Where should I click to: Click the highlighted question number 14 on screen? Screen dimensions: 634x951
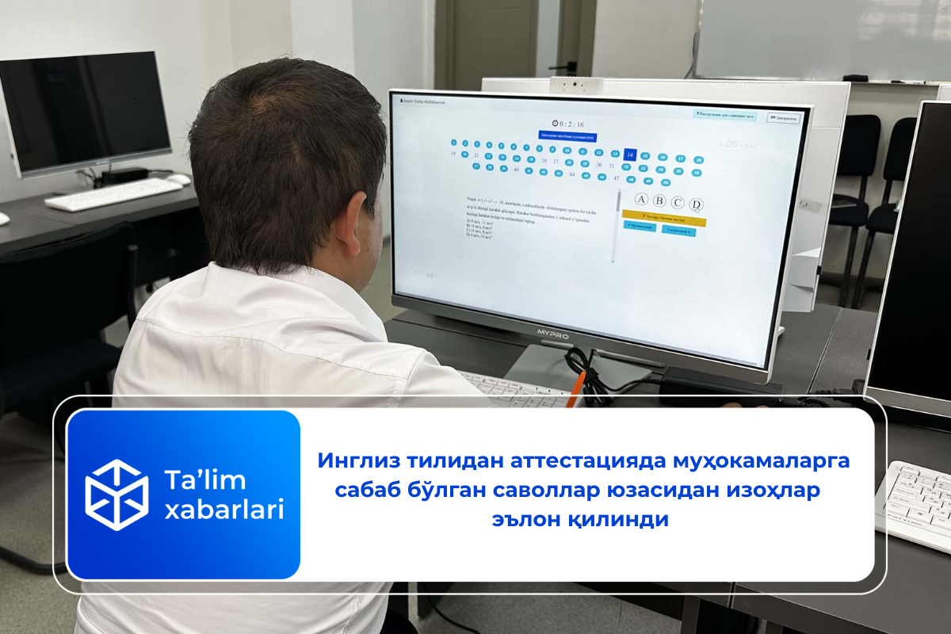pos(630,155)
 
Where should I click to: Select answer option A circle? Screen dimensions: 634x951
pos(641,199)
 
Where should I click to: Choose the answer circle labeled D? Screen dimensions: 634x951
pos(696,204)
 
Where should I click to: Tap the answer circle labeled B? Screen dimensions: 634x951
pos(659,201)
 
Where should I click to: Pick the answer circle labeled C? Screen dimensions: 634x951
pos(678,202)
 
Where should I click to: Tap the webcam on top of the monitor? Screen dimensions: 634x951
pos(576,85)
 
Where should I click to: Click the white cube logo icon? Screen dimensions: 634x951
pos(116,495)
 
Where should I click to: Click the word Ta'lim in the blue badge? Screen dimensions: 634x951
pos(193,480)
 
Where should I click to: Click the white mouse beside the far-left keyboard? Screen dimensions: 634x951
pos(178,180)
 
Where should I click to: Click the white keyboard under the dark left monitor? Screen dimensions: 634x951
pos(113,193)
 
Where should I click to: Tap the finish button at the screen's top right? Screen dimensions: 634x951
pos(783,119)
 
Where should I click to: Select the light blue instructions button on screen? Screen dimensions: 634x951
pos(724,115)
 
